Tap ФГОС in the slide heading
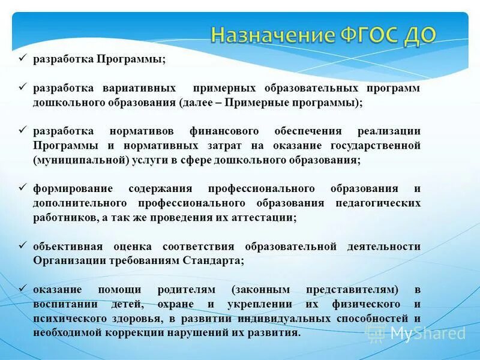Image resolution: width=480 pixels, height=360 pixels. click(370, 35)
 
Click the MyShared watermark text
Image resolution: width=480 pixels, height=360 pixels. click(427, 334)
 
